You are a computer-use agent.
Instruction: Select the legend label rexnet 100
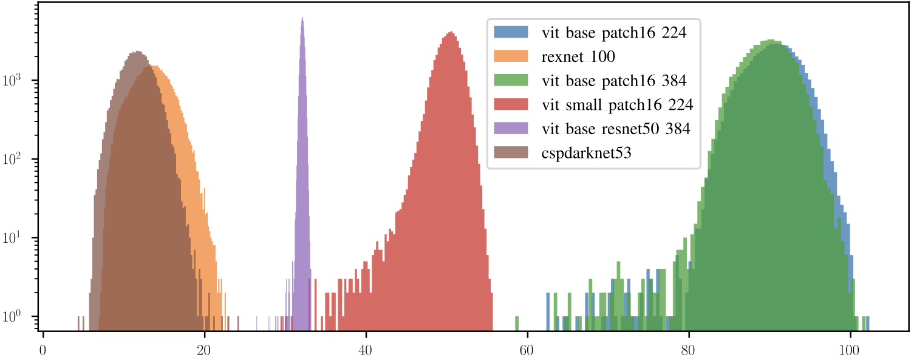(x=578, y=57)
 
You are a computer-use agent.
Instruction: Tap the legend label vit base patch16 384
(x=613, y=81)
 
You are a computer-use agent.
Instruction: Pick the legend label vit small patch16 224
(x=616, y=105)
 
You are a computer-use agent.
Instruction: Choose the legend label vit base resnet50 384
(x=615, y=129)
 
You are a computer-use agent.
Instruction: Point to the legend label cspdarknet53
(x=586, y=153)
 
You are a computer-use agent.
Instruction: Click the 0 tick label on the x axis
(x=43, y=350)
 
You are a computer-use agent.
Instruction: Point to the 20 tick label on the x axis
(x=205, y=350)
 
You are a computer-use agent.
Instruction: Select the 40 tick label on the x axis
(x=366, y=350)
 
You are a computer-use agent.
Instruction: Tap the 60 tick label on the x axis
(x=527, y=350)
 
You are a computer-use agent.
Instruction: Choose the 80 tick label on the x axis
(x=689, y=350)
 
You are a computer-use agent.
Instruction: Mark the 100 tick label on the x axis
(x=850, y=350)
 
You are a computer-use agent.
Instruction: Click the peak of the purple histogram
(x=302, y=19)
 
